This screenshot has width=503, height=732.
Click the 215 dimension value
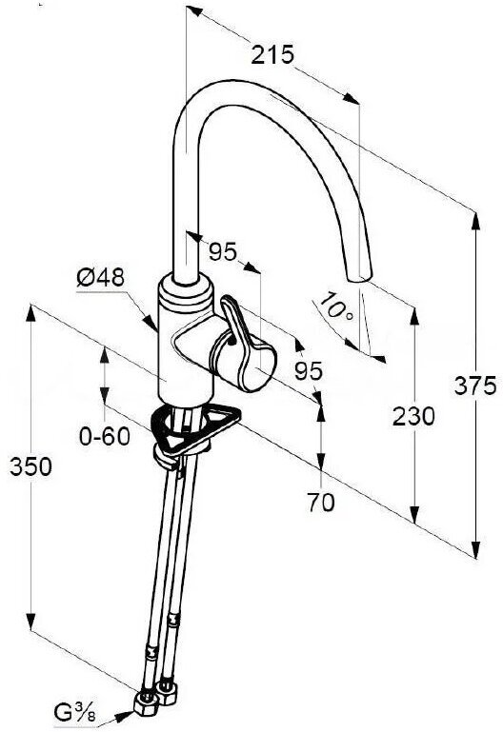[x=272, y=55]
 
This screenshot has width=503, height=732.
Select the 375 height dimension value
[x=475, y=386]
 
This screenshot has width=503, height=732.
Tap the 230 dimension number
[x=413, y=416]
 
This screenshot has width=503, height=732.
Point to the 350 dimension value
[x=30, y=466]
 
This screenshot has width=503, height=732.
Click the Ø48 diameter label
[x=101, y=278]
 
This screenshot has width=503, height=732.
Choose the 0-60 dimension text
[x=105, y=437]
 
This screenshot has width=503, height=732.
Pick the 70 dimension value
[x=321, y=503]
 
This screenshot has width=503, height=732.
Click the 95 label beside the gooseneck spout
[x=223, y=252]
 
